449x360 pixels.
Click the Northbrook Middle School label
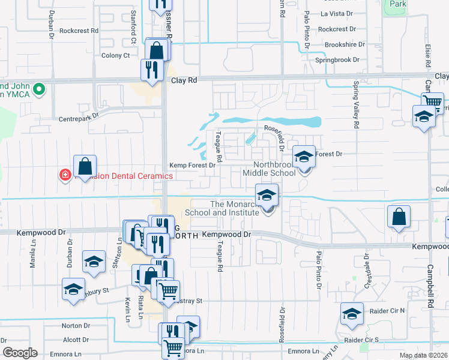coord(275,169)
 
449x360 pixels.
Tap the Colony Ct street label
coord(118,56)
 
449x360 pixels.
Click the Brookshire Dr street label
coord(344,44)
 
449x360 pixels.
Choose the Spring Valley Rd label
coord(356,108)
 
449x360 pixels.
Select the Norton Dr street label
coord(76,326)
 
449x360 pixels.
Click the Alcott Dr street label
coord(76,340)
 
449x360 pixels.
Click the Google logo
coord(20,353)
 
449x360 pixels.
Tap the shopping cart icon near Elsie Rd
coord(432,102)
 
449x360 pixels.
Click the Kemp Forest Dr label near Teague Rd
coord(191,165)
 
